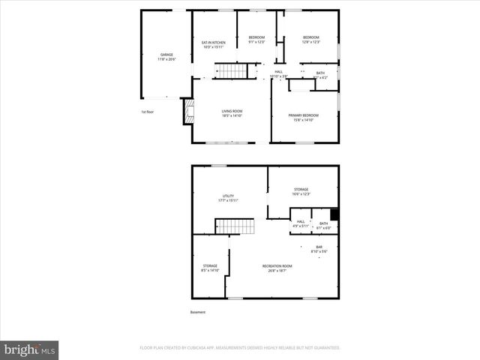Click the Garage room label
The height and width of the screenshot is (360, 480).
[166, 57]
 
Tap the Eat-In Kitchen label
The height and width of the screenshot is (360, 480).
[214, 44]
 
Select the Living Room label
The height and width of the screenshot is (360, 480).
[232, 113]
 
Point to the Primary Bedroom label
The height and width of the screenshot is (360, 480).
[304, 117]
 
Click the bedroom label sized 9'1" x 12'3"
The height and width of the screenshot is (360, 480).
[257, 40]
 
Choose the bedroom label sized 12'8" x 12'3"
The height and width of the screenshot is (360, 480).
[311, 40]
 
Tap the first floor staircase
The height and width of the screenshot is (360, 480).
[232, 71]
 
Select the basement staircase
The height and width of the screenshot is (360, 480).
[230, 226]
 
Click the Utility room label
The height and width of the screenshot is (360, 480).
[228, 198]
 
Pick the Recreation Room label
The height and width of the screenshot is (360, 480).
[277, 268]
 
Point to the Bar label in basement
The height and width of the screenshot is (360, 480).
[319, 250]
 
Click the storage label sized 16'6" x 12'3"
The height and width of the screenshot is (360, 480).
[301, 191]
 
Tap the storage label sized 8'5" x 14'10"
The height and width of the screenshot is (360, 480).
[210, 268]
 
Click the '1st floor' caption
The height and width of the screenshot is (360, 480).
[148, 112]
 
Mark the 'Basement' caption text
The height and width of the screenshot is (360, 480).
[197, 312]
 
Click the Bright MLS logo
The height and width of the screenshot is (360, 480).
[30, 349]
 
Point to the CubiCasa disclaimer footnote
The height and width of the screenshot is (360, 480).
[240, 348]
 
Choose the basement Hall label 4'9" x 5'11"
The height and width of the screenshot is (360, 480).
[300, 224]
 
